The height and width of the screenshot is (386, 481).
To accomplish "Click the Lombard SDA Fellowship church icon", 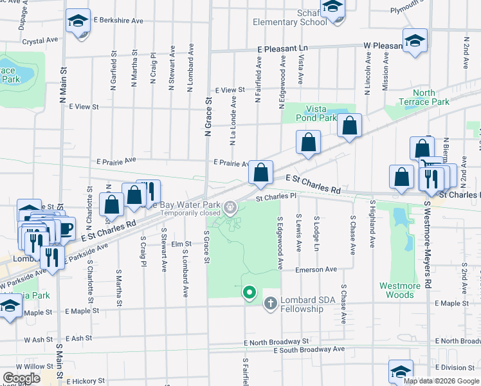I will click(271, 302).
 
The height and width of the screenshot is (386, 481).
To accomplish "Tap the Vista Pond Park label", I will click(312, 113).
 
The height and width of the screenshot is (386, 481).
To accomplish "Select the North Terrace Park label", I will click(424, 97).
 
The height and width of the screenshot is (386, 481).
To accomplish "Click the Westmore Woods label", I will click(400, 290).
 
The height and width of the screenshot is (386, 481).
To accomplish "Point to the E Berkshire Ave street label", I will click(118, 21).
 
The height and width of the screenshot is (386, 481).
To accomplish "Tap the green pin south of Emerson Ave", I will click(250, 293).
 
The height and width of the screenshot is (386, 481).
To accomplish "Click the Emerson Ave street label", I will click(316, 270).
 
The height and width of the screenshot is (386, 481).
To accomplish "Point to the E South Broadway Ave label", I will click(309, 350).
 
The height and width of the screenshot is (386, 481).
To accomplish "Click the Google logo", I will click(21, 378).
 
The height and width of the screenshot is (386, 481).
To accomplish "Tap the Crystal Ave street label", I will click(41, 41).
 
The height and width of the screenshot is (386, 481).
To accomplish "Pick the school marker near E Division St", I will click(400, 371).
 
